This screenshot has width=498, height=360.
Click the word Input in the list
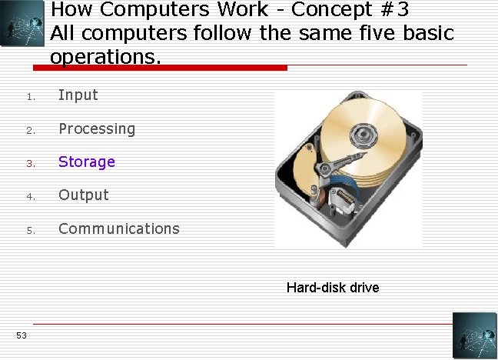click(78, 95)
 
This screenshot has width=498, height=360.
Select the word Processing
click(96, 128)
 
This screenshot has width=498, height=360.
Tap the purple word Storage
click(86, 162)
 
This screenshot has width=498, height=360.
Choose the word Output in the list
click(83, 195)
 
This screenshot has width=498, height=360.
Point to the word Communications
click(118, 228)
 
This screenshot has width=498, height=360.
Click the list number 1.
click(28, 97)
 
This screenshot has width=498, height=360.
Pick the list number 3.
click(29, 163)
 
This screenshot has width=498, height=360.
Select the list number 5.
click(29, 230)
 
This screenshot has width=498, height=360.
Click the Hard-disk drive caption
click(332, 288)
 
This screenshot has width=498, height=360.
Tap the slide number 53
click(21, 335)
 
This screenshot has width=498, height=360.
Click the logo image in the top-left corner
click(22, 24)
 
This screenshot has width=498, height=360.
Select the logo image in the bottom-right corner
click(474, 335)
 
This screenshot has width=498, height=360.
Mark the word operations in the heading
click(106, 57)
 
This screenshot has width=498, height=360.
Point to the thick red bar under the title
click(169, 68)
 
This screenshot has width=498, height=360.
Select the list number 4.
click(29, 197)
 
